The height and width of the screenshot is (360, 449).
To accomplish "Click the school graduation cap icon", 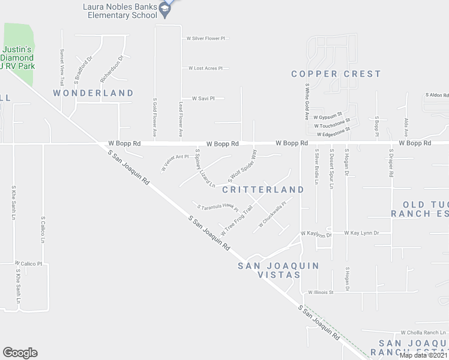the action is click(163, 15).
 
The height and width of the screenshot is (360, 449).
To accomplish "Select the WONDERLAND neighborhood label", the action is click(93, 93).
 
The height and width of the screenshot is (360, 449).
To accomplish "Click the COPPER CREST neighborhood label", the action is click(336, 74).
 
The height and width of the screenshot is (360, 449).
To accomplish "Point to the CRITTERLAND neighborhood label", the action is click(263, 190).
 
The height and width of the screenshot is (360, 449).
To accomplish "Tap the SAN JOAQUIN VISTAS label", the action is click(277, 270).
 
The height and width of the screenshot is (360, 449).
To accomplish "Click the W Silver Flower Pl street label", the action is click(206, 38).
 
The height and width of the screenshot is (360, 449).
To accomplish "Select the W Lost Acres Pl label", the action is click(205, 68).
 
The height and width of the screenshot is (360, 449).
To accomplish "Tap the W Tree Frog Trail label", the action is click(236, 221).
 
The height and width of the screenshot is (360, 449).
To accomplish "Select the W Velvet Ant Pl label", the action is click(175, 163).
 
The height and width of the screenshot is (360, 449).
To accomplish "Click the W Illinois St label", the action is click(328, 292).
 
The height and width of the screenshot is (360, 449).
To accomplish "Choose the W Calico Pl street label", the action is click(29, 263).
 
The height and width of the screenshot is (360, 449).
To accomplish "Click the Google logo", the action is click(20, 353).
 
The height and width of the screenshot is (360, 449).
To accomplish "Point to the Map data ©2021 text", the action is click(423, 355).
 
